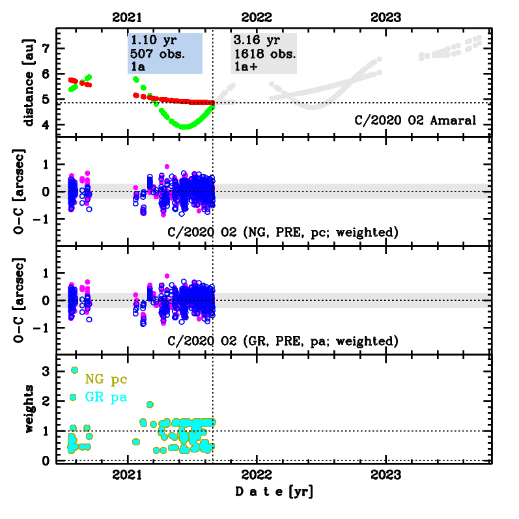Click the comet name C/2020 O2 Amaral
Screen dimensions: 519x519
click(415, 120)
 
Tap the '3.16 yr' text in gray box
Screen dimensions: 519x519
click(256, 40)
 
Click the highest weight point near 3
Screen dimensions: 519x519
click(74, 370)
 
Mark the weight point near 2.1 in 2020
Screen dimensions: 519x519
click(73, 397)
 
